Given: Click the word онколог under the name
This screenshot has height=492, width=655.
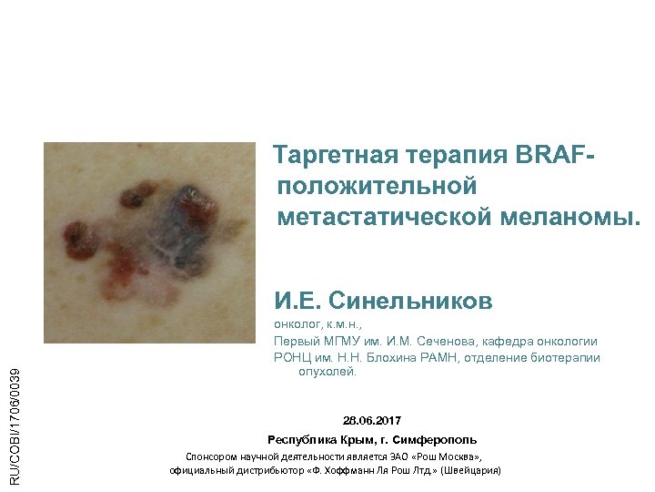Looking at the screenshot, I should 297,324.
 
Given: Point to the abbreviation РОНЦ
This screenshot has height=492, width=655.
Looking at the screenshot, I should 293,357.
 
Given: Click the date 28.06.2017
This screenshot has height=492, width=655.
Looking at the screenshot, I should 371,420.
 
